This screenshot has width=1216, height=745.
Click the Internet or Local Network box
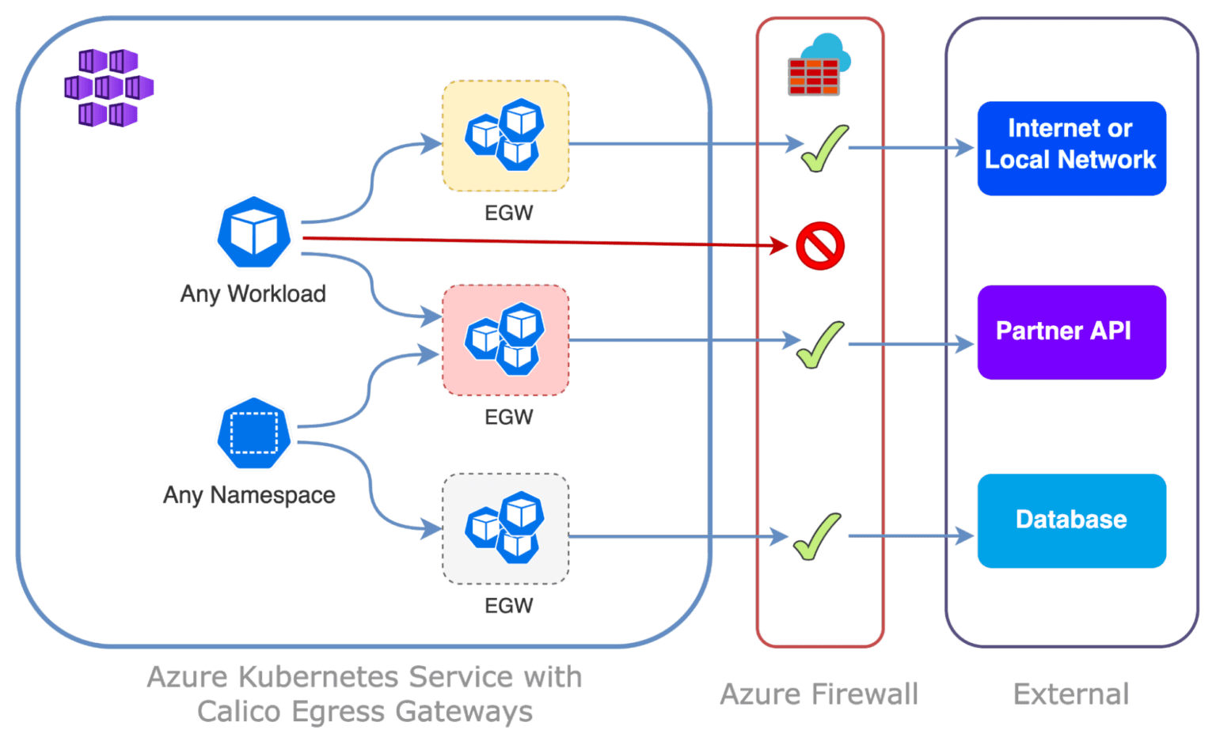coord(1070,148)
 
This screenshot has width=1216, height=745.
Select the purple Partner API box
coord(1070,332)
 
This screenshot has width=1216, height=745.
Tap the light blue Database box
coord(1070,520)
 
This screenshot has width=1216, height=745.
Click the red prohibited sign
coord(819,246)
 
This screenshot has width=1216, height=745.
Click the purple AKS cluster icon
coord(108,88)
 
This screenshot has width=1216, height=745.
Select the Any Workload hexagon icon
coord(254,233)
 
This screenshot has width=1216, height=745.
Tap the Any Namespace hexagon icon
coord(254,433)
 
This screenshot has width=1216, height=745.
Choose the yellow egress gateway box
coord(505,136)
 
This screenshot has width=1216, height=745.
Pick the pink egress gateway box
coord(505,340)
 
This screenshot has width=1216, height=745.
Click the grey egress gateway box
coord(505,528)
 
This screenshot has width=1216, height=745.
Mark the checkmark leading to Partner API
coord(820,345)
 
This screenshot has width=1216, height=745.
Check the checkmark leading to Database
coord(818,536)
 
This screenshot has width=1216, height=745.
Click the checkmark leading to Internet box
coord(824,148)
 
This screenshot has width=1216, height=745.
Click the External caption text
coord(1070,694)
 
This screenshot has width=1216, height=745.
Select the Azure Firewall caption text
coord(819,694)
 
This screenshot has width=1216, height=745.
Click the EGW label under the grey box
coord(508,606)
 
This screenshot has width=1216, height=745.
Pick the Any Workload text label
coord(253,293)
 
